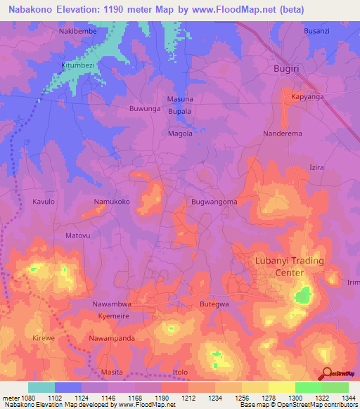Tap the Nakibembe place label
pos(77,32)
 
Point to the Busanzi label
pos(316,32)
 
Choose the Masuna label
pos(180,99)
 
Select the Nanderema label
pos(283,133)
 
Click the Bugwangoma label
pos(214,202)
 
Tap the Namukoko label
pos(112,202)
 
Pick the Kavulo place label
pos(44,202)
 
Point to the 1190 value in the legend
pos(162,398)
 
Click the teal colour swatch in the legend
pos(41,387)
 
